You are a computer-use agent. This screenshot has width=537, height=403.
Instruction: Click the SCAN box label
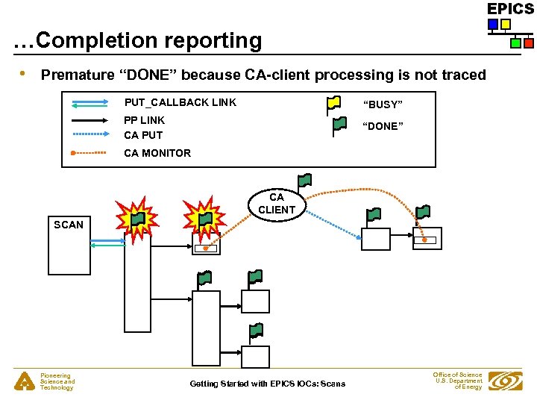click(69, 225)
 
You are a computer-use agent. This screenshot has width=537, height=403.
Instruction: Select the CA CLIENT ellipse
click(277, 203)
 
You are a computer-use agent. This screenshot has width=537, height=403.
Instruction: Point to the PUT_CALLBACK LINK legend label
click(180, 103)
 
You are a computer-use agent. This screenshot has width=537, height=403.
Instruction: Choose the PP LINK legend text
click(144, 120)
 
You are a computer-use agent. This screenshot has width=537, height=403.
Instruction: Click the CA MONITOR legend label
click(157, 153)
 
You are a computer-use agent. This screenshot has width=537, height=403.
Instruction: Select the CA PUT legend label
click(143, 135)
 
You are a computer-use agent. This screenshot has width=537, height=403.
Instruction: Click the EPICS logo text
click(510, 9)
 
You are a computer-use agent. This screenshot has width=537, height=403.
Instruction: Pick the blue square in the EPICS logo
click(492, 25)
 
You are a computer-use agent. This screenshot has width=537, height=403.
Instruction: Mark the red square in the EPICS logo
click(528, 43)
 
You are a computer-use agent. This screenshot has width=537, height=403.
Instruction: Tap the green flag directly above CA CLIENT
click(304, 181)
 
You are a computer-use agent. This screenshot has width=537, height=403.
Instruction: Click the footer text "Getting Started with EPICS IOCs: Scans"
click(268, 384)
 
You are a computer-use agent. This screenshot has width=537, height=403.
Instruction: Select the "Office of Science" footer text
click(457, 375)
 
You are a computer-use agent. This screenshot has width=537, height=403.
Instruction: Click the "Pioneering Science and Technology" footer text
click(57, 382)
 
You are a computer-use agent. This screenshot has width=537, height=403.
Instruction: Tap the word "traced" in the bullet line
click(464, 75)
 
